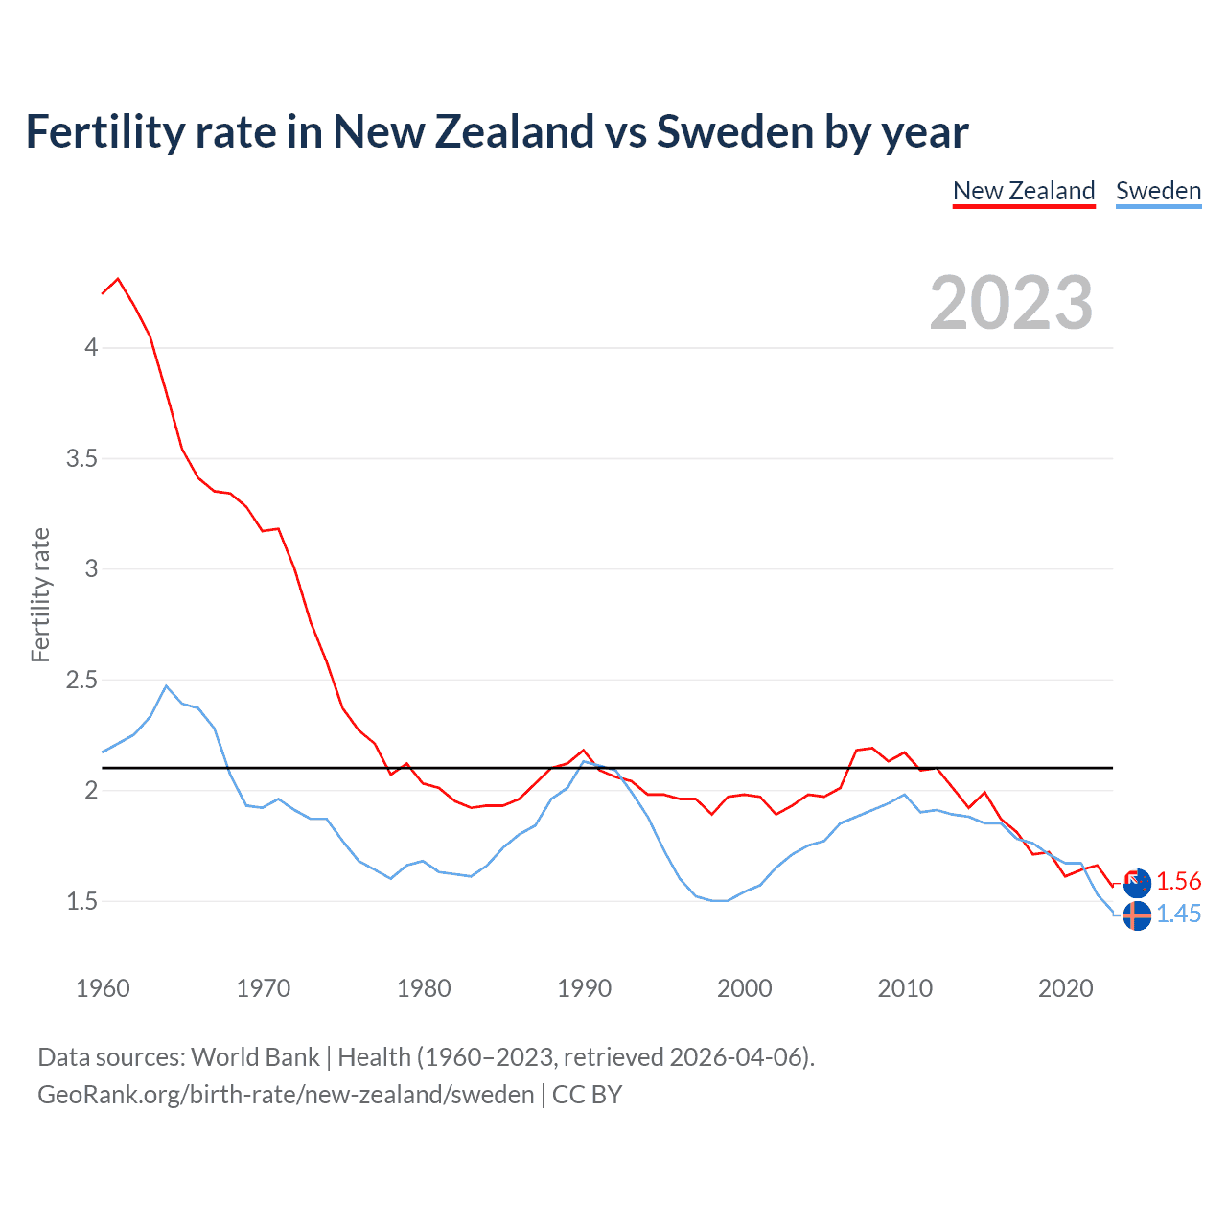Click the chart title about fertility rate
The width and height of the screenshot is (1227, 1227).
click(497, 132)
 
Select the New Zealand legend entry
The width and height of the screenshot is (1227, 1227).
click(1024, 191)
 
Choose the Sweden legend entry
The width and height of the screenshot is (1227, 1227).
click(1158, 191)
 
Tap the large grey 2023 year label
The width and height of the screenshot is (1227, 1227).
click(1011, 303)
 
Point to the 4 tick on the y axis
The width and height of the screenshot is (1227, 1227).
click(91, 347)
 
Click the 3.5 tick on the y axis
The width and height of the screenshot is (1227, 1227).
click(82, 458)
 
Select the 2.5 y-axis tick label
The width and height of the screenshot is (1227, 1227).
click(82, 680)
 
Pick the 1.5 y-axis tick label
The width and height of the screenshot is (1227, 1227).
click(82, 901)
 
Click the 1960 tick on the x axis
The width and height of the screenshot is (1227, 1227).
click(103, 988)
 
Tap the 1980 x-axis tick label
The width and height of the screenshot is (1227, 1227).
click(424, 988)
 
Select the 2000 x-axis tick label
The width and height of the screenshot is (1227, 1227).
click(745, 988)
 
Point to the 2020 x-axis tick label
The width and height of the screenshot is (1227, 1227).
click(1066, 988)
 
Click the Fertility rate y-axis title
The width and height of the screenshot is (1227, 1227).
click(40, 594)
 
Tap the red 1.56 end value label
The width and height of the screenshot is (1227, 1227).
click(1178, 882)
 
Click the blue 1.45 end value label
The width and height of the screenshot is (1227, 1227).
click(1178, 914)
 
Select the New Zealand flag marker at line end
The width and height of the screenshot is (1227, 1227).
click(1137, 883)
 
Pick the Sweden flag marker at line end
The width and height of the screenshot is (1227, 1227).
click(1137, 915)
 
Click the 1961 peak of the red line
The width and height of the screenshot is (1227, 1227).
click(118, 279)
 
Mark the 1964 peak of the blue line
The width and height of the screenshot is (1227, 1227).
click(167, 685)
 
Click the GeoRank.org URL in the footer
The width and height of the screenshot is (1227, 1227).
click(286, 1095)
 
